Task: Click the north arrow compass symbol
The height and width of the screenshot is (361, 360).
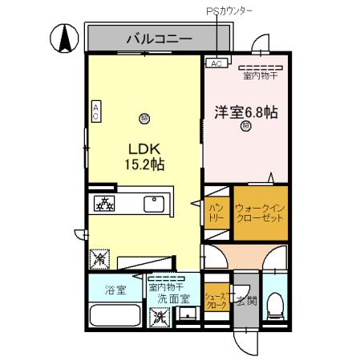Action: point(62,38)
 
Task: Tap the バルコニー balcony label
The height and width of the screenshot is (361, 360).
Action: point(158,38)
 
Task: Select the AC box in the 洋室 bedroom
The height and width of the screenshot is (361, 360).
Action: point(216,63)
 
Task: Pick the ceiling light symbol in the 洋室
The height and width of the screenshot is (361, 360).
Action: point(245,126)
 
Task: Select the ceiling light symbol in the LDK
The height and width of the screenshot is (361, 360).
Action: point(144,116)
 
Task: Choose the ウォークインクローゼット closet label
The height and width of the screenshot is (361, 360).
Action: point(258,213)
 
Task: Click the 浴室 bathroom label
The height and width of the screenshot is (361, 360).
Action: point(115,290)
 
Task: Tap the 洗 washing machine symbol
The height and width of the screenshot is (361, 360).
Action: point(160,316)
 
